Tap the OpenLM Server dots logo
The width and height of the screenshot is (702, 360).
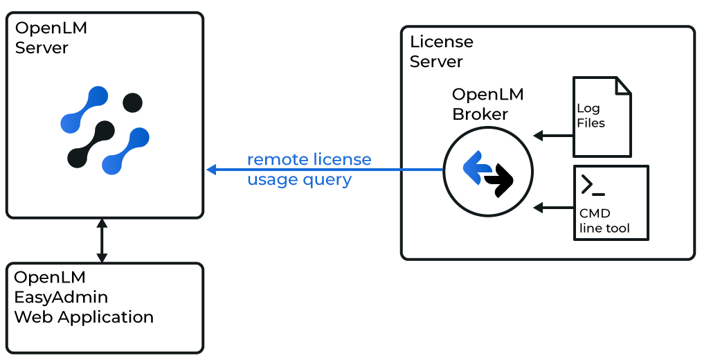[x=105, y=130]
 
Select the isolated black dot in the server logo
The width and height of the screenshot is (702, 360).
[x=132, y=102]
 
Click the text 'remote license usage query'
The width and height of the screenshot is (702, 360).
[x=309, y=170]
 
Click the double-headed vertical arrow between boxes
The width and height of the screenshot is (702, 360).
[x=102, y=240]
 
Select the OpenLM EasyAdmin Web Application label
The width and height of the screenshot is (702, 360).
[x=84, y=297]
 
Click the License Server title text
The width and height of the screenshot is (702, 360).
[x=441, y=51]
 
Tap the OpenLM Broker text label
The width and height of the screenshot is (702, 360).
[x=487, y=104]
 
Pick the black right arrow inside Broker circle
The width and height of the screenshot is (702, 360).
[x=500, y=181]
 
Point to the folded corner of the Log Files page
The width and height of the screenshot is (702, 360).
[x=623, y=85]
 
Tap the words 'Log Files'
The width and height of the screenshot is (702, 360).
[x=591, y=116]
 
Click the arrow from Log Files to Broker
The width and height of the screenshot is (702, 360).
[x=552, y=136]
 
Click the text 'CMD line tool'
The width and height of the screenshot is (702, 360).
[x=604, y=221]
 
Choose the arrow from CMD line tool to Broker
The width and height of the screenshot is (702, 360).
[x=552, y=207]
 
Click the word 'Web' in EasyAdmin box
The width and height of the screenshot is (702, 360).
[x=34, y=317]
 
